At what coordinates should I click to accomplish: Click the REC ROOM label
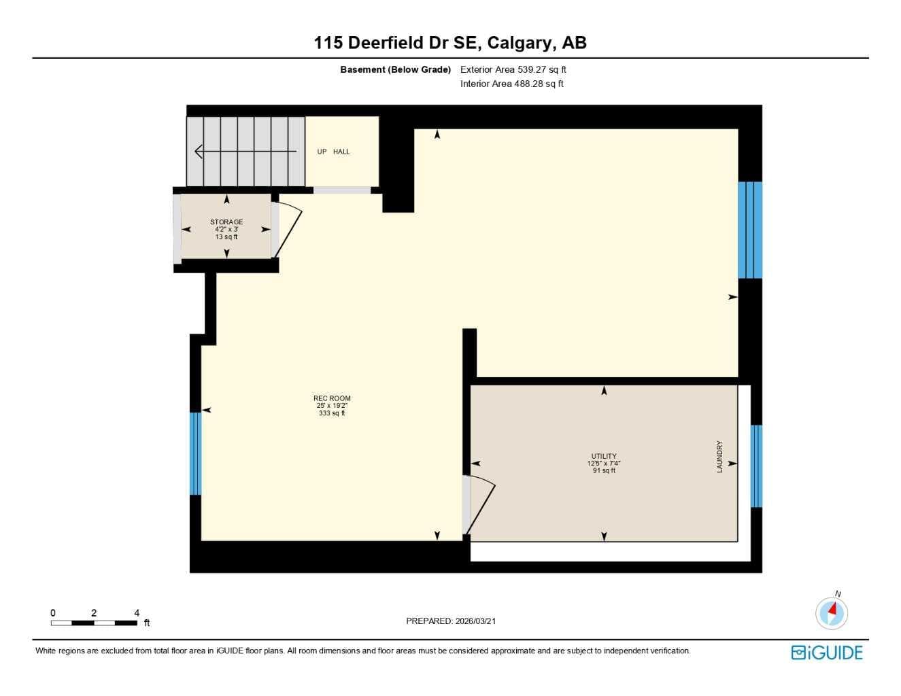point(332,398)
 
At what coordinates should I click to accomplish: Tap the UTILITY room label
point(604,455)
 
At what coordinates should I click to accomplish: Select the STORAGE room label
point(226,222)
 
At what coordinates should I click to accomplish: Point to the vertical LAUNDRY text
point(719,456)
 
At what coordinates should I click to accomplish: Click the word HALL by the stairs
point(341,152)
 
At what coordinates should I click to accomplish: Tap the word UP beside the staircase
point(322,152)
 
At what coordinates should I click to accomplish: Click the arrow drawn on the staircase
point(245,151)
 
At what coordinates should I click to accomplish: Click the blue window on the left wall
point(195,453)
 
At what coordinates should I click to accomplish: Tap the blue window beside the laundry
point(756,466)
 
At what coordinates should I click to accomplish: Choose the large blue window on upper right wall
point(749,230)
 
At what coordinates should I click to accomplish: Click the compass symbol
point(832,614)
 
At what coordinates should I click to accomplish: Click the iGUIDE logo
point(827,652)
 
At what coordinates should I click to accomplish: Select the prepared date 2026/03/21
point(475,621)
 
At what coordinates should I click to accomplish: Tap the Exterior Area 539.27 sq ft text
point(513,69)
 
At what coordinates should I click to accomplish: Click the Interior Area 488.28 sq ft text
point(511,84)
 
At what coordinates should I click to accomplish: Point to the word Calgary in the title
point(522,43)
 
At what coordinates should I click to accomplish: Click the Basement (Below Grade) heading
point(396,69)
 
